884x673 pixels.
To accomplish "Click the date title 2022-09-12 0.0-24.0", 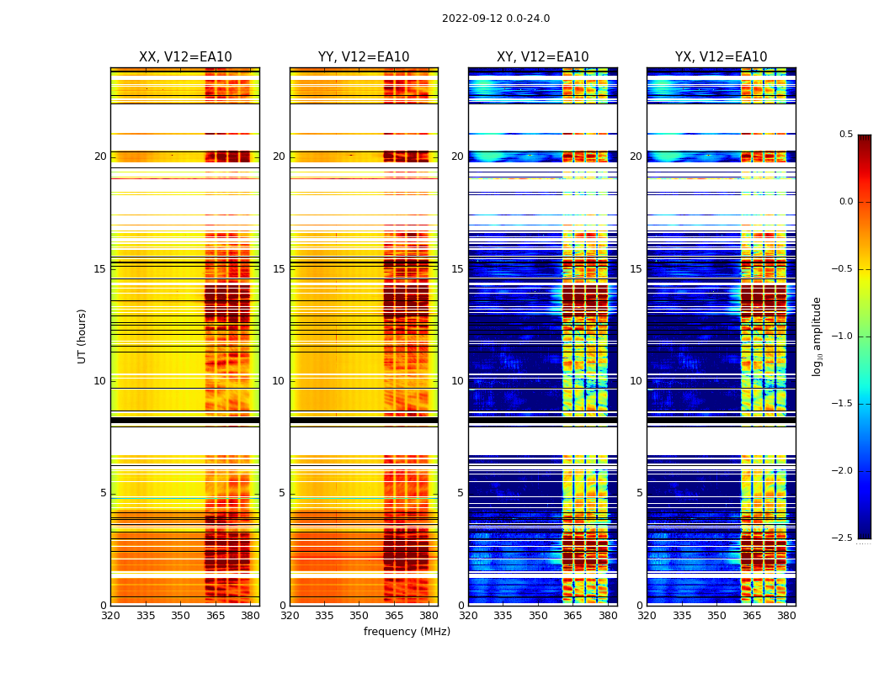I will pyautogui.click(x=496, y=19).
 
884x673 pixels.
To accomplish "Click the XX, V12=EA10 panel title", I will pyautogui.click(x=185, y=57).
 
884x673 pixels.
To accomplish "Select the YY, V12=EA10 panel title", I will pyautogui.click(x=364, y=57).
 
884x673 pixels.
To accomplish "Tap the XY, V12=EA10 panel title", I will pyautogui.click(x=542, y=57).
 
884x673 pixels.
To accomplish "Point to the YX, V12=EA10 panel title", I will pyautogui.click(x=721, y=57).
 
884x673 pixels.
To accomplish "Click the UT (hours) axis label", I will pyautogui.click(x=83, y=336).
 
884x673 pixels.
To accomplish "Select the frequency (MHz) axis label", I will pyautogui.click(x=407, y=632).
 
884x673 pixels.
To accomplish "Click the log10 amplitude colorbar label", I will pyautogui.click(x=817, y=336).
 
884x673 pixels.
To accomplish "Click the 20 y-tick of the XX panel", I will pyautogui.click(x=101, y=156).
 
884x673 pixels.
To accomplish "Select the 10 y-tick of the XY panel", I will pyautogui.click(x=457, y=381).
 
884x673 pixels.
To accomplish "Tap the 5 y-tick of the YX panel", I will pyautogui.click(x=639, y=493).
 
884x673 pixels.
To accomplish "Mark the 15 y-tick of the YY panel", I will pyautogui.click(x=279, y=269).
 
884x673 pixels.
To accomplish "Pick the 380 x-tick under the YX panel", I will pyautogui.click(x=786, y=616).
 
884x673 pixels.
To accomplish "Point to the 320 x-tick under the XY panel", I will pyautogui.click(x=468, y=616).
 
